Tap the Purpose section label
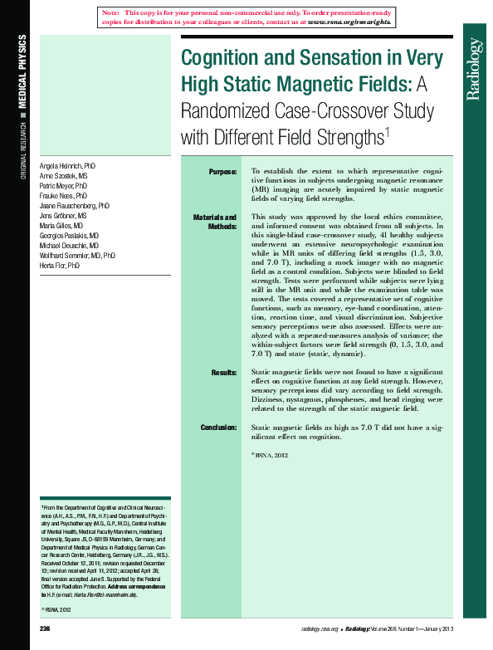[222, 171]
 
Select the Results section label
[224, 374]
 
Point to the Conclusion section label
[218, 428]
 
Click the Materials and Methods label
[215, 222]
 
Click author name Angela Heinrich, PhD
[68, 166]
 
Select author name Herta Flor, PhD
[60, 266]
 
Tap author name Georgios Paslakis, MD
[70, 236]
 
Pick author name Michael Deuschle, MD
[70, 246]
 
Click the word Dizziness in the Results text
[271, 399]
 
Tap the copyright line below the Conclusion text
[269, 455]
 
